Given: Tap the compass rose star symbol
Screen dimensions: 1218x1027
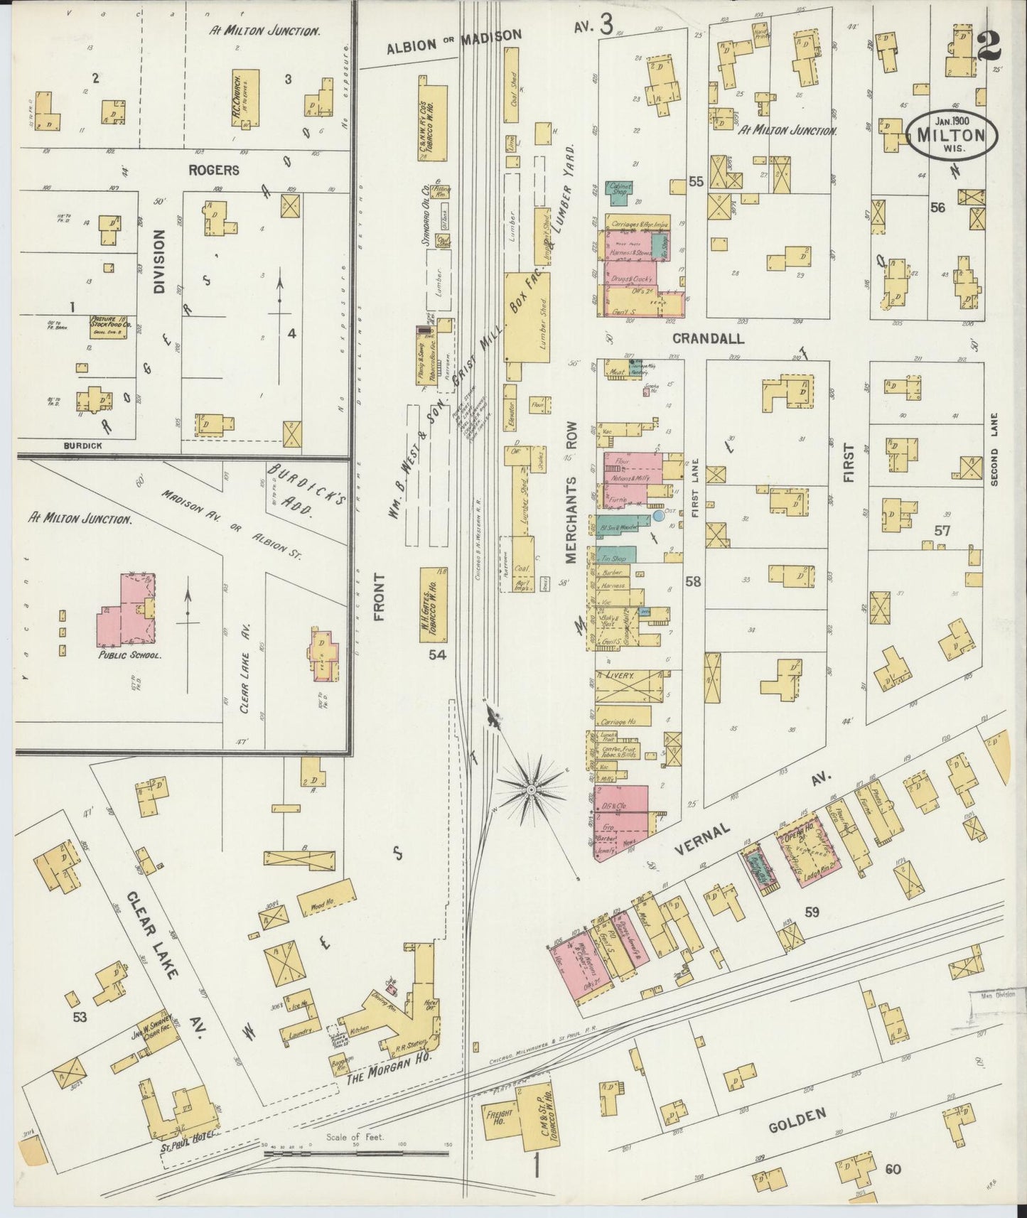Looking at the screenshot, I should (x=530, y=789).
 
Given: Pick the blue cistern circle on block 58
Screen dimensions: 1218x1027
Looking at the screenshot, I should (x=659, y=516).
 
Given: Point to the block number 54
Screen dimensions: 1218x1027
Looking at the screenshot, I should (x=437, y=657).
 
